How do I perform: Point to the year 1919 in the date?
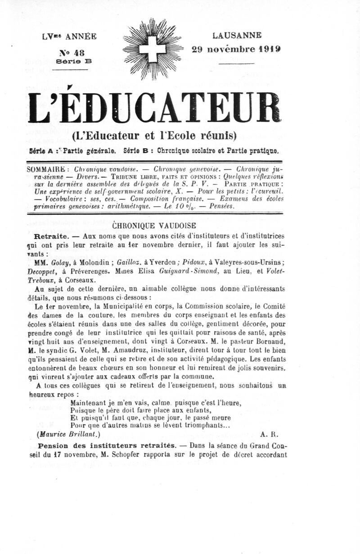tap(265, 49)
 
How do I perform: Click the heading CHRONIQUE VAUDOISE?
tap(153, 225)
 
